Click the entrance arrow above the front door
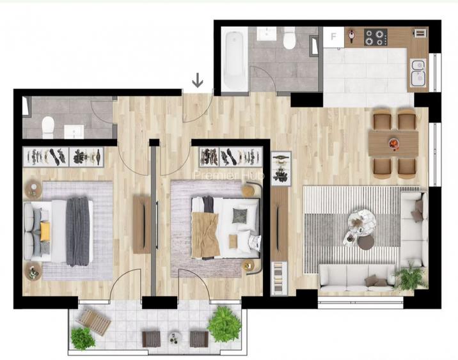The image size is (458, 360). tap(198, 80)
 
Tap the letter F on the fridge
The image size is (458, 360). tap(333, 36)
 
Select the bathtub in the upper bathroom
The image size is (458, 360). tap(234, 59)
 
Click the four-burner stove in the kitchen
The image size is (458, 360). tap(375, 37)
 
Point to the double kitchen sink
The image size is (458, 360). tap(418, 72)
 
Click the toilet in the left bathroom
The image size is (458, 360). tap(48, 127)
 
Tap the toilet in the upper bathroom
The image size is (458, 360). tap(288, 40)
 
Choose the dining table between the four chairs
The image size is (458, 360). tap(393, 143)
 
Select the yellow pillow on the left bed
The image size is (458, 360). tap(45, 231)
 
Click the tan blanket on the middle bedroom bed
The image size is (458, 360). tap(205, 233)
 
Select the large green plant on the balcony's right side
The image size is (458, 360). tap(223, 324)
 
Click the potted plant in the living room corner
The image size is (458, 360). tap(410, 278)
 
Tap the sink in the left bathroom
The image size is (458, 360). tap(74, 131)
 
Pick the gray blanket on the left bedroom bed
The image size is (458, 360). tap(78, 231)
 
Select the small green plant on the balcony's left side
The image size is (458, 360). tap(83, 338)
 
